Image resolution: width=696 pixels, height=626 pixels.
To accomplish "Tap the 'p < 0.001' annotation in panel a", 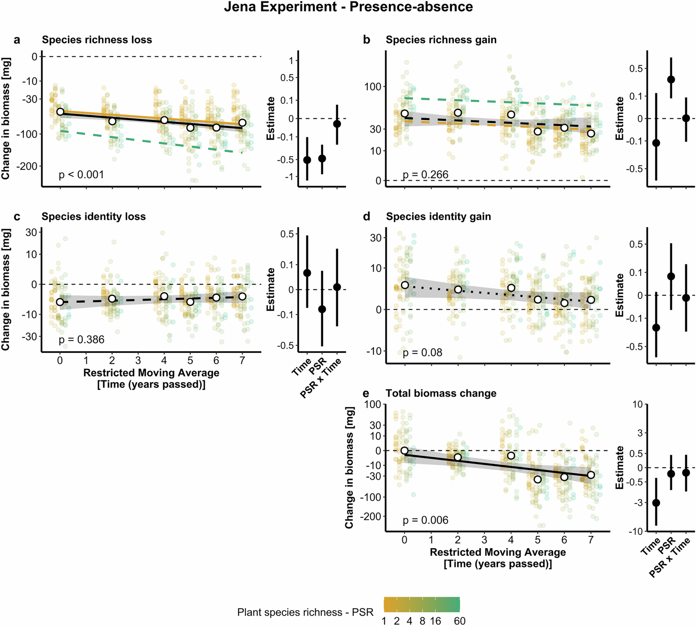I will coord(81,175).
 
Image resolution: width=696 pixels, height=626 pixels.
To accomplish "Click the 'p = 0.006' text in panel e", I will coord(425,520).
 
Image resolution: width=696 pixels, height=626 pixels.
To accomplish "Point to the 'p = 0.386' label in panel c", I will coord(81,340).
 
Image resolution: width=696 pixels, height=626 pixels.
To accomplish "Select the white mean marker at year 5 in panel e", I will coord(537,479).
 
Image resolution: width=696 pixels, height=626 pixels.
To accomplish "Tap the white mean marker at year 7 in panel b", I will coord(591,133).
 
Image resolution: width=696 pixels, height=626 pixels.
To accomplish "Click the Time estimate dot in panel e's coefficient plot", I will coord(656,503).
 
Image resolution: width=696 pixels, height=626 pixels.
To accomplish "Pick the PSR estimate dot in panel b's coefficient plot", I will coord(671,79).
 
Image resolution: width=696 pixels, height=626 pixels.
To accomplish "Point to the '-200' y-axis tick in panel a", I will coord(29,166).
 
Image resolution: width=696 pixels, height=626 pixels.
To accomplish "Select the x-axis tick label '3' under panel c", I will coord(138,360).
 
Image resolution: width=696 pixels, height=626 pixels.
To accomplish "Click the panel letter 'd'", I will coord(367,217).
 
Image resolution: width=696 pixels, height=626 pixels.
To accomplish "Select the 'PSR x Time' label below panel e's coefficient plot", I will coord(670,557).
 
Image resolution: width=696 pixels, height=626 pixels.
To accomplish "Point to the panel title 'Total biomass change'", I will coord(441,394).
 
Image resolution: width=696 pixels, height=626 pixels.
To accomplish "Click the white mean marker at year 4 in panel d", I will coord(511,288).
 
